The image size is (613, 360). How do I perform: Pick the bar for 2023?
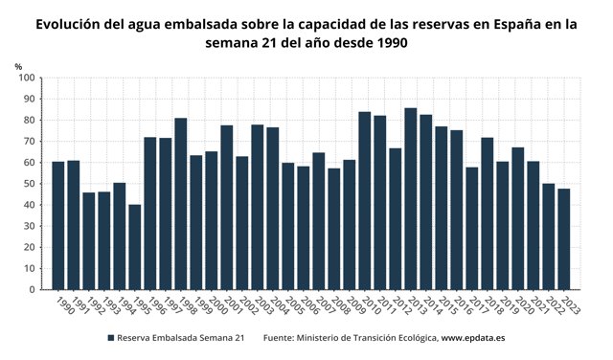[x=564, y=239]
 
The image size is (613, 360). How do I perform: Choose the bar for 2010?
[x=365, y=201]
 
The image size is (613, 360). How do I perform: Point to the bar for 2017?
[x=472, y=229]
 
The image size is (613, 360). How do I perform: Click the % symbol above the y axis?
[x=18, y=65]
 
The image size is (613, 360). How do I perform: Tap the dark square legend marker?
[x=111, y=338]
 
